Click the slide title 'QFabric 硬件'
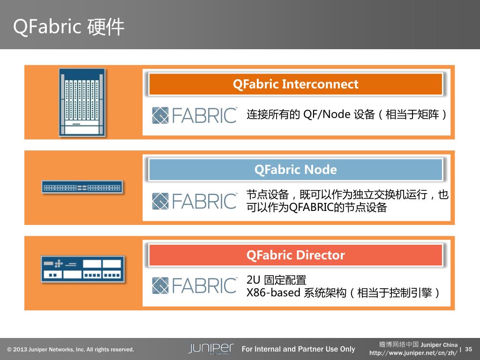pyautogui.click(x=69, y=27)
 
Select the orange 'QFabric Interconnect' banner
pyautogui.click(x=295, y=84)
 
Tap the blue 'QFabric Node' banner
pyautogui.click(x=295, y=170)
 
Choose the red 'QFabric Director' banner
pyautogui.click(x=295, y=255)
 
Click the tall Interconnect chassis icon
pyautogui.click(x=82, y=102)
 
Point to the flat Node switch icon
pyautogui.click(x=82, y=187)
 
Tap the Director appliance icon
pyautogui.click(x=82, y=269)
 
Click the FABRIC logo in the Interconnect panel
pyautogui.click(x=195, y=115)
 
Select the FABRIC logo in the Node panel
pyautogui.click(x=195, y=201)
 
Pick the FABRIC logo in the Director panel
pyautogui.click(x=195, y=285)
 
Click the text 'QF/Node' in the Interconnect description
pyautogui.click(x=327, y=114)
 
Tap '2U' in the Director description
pyautogui.click(x=254, y=280)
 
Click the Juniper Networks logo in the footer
pyautogui.click(x=211, y=349)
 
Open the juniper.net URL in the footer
pyautogui.click(x=413, y=352)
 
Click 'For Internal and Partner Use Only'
pyautogui.click(x=298, y=349)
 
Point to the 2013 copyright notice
pyautogui.click(x=70, y=350)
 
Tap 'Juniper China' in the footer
pyautogui.click(x=439, y=345)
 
